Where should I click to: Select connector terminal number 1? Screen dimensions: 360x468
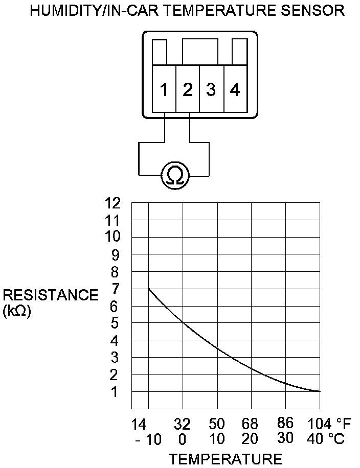click(164, 90)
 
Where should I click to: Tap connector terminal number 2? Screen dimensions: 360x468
click(188, 90)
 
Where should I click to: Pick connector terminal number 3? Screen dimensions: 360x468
click(211, 90)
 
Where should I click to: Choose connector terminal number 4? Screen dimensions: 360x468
click(235, 90)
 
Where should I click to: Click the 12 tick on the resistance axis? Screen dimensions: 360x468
click(113, 203)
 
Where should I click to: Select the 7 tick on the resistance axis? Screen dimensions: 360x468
click(116, 289)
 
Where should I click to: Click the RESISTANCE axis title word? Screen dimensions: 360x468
click(51, 295)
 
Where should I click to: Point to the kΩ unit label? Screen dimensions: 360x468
click(17, 311)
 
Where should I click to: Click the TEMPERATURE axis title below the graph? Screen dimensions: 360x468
click(226, 458)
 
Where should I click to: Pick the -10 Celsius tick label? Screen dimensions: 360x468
click(148, 439)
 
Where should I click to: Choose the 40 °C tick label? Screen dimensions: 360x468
click(325, 439)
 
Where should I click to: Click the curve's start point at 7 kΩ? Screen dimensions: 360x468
click(149, 289)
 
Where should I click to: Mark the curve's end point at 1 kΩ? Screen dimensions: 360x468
click(320, 391)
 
